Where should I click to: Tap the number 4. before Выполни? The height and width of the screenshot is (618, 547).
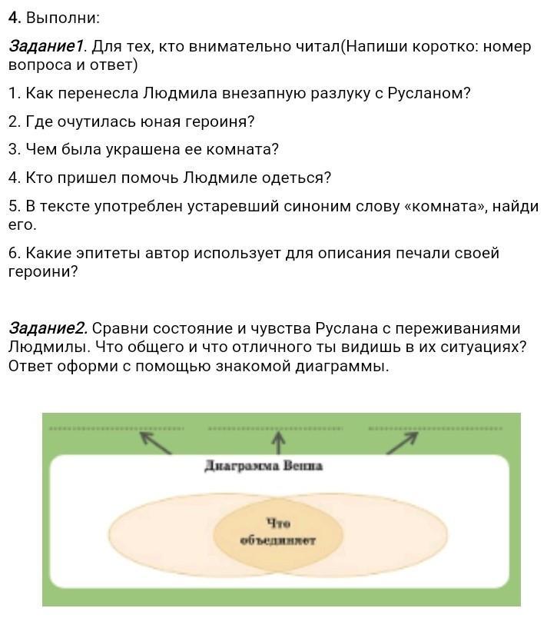point(15,18)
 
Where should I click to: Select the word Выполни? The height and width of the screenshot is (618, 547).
point(63,18)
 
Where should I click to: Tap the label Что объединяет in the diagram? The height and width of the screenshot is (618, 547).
point(277,531)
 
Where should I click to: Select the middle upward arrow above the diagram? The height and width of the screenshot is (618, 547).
point(278,441)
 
